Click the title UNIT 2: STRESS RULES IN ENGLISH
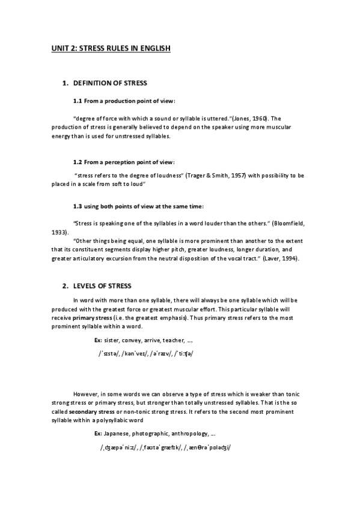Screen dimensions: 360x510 coord(111,48)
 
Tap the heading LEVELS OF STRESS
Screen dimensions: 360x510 coord(102,285)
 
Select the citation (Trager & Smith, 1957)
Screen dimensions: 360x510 coord(228,175)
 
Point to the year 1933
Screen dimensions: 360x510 coord(59,232)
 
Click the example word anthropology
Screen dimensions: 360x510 coord(187,433)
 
